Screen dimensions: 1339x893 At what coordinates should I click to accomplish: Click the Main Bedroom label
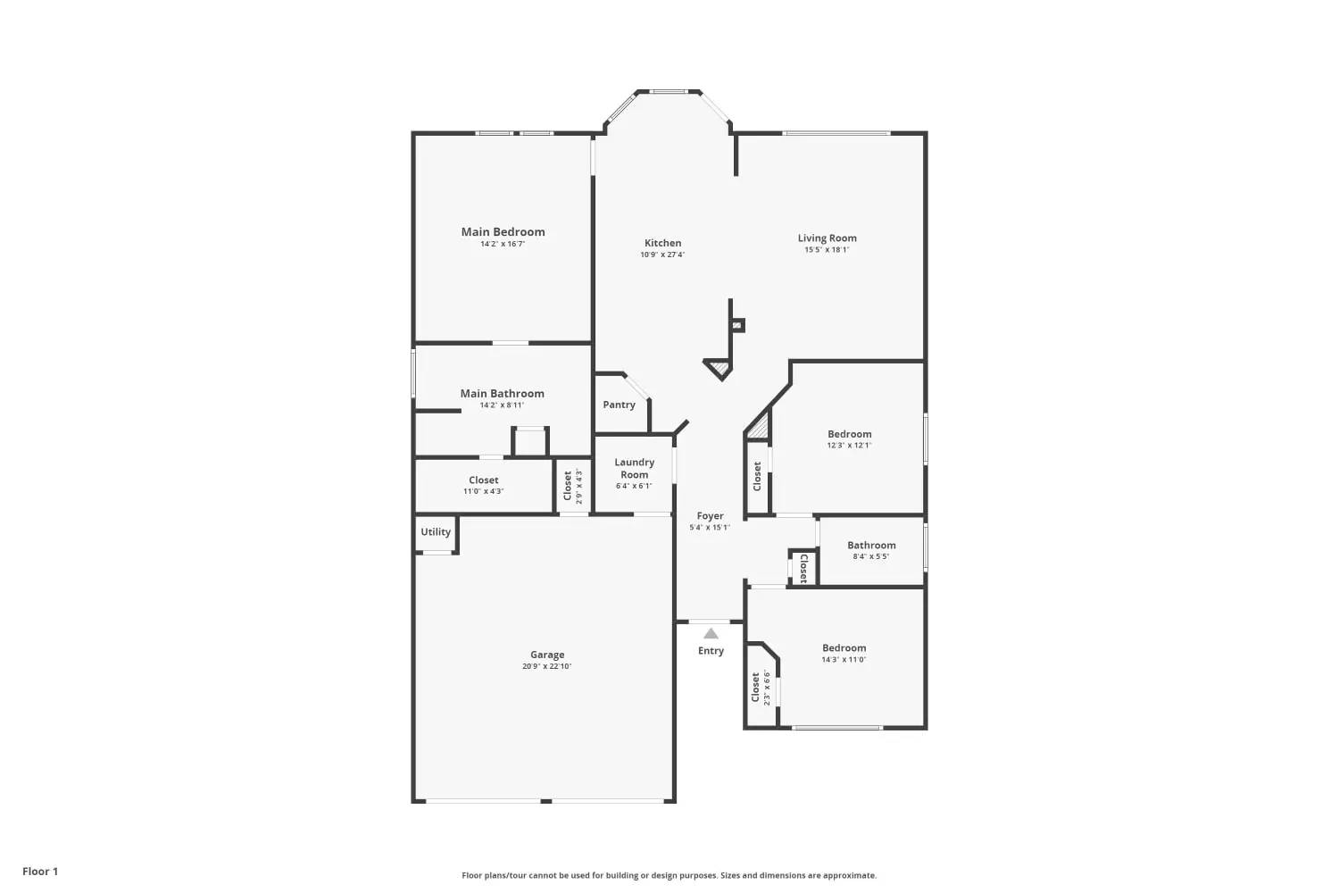click(503, 232)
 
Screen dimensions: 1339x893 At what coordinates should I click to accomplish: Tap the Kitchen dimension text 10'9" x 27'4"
click(662, 255)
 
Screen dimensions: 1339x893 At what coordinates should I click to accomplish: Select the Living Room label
click(827, 238)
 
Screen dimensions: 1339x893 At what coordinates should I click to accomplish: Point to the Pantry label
click(619, 405)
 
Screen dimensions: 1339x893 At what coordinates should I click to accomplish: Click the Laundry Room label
click(634, 468)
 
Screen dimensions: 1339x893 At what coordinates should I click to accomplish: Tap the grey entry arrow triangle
click(711, 633)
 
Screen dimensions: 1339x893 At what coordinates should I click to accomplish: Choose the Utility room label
click(436, 531)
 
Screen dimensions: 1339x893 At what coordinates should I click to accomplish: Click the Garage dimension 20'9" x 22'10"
click(546, 666)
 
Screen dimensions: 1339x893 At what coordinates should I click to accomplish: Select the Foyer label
click(711, 515)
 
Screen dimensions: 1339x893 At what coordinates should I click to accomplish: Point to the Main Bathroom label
click(502, 394)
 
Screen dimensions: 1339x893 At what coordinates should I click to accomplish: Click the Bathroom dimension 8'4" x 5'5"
click(871, 556)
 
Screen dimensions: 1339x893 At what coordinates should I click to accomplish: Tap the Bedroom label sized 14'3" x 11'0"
click(844, 647)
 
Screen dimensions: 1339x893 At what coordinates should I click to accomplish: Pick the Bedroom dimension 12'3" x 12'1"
click(849, 445)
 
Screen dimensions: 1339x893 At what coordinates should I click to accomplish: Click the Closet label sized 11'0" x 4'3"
click(483, 480)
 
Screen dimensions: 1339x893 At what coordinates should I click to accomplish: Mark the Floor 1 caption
click(40, 872)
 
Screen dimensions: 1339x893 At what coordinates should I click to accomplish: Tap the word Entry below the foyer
click(711, 651)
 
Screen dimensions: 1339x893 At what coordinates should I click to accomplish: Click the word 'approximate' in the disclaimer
click(850, 876)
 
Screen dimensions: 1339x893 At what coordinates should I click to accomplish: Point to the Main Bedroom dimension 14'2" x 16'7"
click(503, 244)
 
